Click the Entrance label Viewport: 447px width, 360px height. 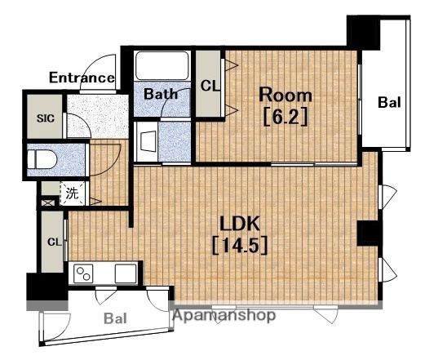82,78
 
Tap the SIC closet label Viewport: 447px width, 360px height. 46,118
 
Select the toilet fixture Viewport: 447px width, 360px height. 42,160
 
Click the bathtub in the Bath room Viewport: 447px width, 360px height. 162,66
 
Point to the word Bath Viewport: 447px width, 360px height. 161,94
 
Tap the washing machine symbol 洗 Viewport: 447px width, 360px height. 73,193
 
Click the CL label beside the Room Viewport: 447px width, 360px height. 210,85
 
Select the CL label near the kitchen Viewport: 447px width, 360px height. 55,242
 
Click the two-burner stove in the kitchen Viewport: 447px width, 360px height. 83,273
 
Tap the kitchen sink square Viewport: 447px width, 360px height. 126,273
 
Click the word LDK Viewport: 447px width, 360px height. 240,224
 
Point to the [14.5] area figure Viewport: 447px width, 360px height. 240,246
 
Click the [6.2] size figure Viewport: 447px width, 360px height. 285,117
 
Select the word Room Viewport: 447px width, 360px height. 285,95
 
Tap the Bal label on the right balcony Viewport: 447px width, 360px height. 389,102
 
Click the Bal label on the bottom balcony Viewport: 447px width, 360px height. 115,318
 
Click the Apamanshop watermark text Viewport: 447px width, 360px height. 224,315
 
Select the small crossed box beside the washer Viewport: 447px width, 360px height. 47,202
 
